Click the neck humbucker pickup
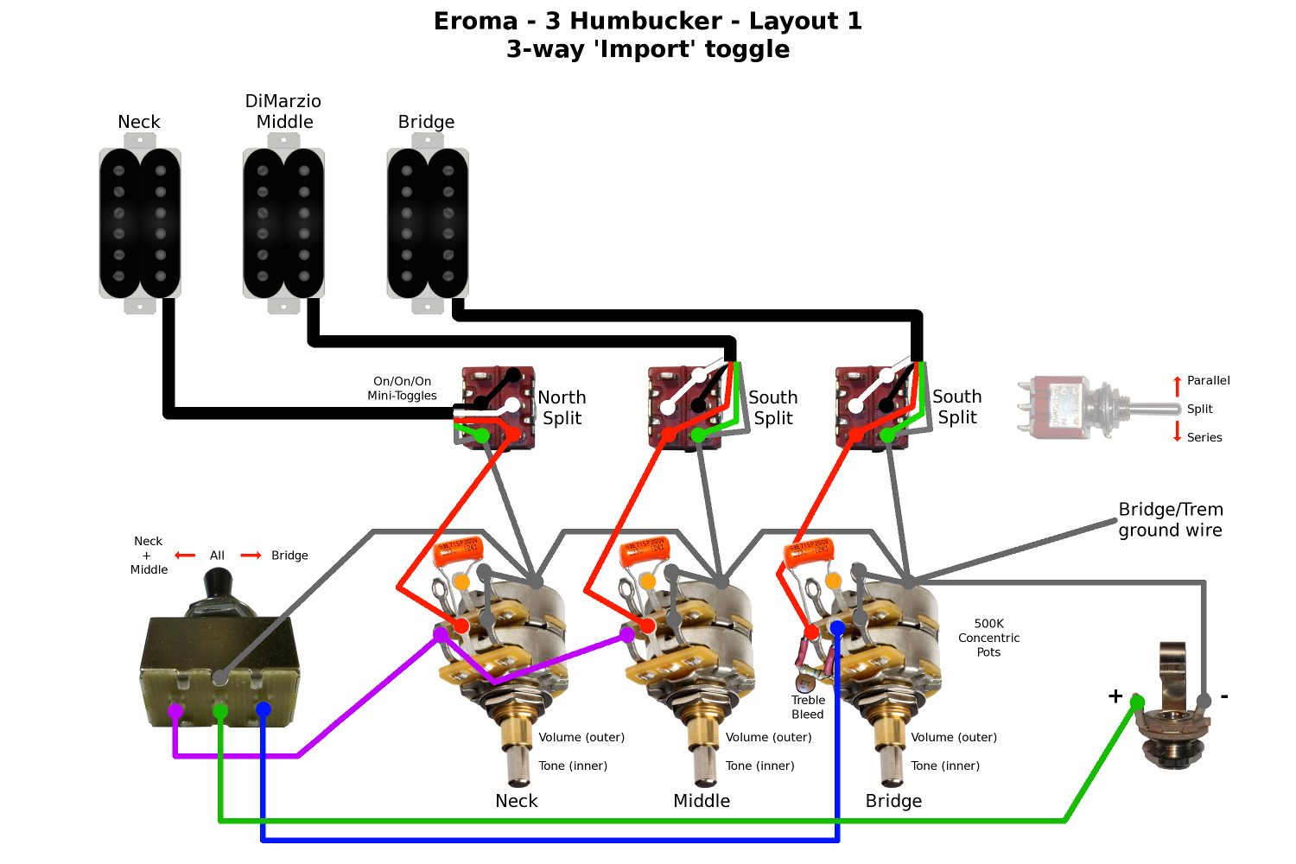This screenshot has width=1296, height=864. (x=139, y=223)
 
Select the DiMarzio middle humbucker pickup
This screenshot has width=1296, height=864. (x=283, y=223)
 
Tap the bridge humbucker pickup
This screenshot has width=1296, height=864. (x=428, y=223)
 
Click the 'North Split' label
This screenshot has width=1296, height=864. (x=562, y=408)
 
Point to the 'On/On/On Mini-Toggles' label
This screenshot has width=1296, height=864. (x=402, y=388)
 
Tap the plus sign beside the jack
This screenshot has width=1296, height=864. (x=1115, y=696)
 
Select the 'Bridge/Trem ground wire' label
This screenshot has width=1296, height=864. (x=1171, y=519)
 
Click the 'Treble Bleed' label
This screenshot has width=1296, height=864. (x=808, y=707)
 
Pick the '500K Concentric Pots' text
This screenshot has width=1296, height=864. (x=988, y=638)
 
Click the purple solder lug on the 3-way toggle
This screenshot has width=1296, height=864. (x=175, y=711)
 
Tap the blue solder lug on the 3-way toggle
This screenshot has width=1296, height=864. (x=264, y=709)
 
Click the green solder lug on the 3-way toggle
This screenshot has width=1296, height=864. (x=220, y=711)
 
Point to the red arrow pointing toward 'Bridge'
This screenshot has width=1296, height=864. (x=251, y=556)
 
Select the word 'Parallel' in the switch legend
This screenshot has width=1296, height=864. (x=1208, y=380)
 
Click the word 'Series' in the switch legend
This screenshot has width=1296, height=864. (x=1204, y=437)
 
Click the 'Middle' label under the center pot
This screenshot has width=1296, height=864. (x=702, y=801)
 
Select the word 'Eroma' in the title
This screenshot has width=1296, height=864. (x=475, y=21)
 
